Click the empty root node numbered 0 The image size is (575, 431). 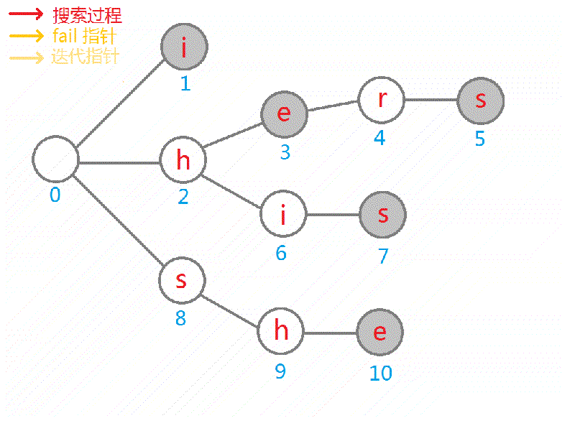(55, 159)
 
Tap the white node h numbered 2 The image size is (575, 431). (183, 160)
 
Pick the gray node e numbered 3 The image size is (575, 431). (284, 113)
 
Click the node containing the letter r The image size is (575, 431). (381, 98)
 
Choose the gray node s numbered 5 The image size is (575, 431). (480, 100)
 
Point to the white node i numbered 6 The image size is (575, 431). (282, 214)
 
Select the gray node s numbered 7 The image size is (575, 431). (382, 214)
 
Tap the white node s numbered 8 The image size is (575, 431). (182, 279)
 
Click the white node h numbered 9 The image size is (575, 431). (281, 332)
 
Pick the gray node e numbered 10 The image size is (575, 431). (379, 332)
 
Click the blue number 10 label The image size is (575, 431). (381, 374)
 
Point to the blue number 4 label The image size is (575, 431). (379, 138)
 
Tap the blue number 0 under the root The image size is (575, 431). (55, 195)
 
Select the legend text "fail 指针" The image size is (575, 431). (85, 35)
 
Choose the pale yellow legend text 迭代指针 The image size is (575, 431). (85, 56)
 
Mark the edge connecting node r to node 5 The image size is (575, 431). (431, 99)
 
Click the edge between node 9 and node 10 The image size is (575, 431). (330, 332)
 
